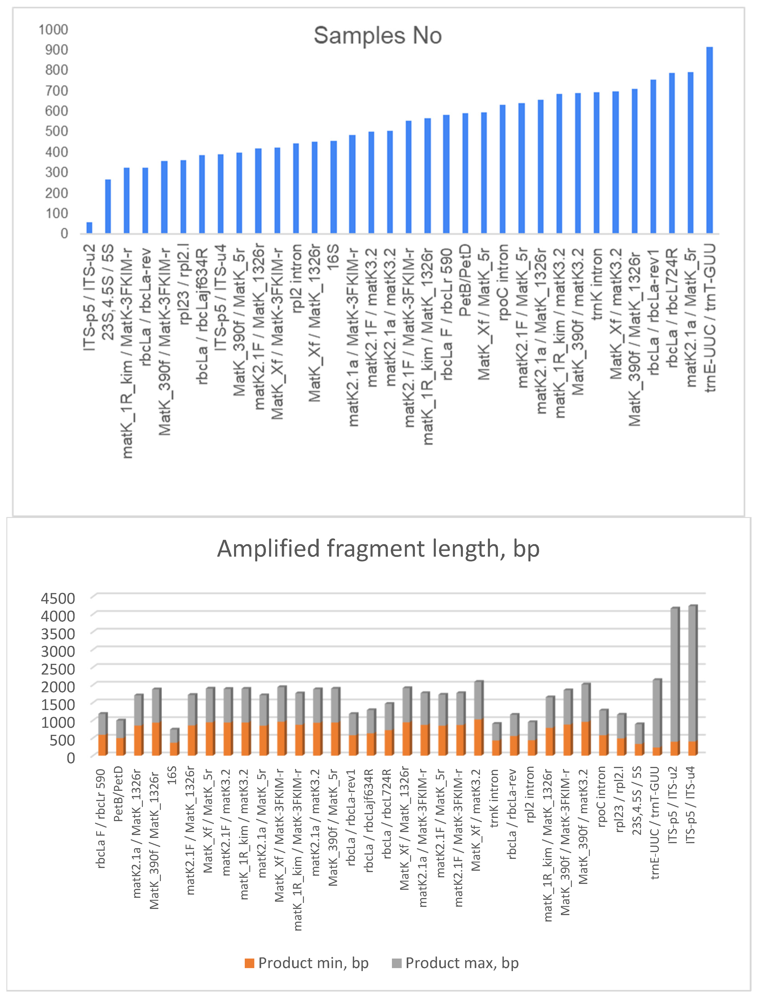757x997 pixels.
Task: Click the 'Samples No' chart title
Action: click(378, 36)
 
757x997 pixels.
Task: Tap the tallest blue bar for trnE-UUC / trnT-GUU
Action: click(709, 140)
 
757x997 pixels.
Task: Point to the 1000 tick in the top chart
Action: click(53, 30)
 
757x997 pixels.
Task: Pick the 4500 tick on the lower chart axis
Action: click(58, 599)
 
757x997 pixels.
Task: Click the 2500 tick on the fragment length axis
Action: click(58, 669)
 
